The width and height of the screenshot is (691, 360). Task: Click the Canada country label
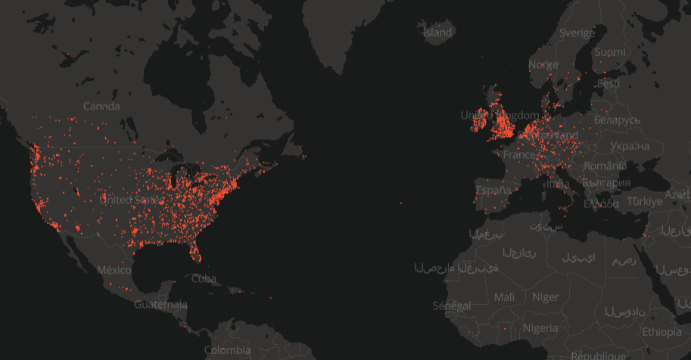coord(101,106)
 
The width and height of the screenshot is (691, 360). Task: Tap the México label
coord(114,270)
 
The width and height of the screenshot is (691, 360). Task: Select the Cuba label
coord(204,278)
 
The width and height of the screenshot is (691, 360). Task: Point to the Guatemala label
coord(160,305)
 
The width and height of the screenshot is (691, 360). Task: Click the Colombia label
coord(227,350)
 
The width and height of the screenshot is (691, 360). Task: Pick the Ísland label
coord(437,33)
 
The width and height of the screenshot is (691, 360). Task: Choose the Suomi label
coord(610,51)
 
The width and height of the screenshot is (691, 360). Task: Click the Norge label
coord(543,64)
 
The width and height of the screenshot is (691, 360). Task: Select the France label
coord(519,154)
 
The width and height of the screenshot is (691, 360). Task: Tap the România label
coord(605,165)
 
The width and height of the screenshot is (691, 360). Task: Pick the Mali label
coord(503,297)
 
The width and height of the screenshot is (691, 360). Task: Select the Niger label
coord(545,297)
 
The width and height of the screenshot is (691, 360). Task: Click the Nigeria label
coord(540,328)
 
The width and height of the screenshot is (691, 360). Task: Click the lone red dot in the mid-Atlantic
coord(400,203)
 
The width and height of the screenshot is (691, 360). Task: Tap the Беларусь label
coord(617,120)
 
